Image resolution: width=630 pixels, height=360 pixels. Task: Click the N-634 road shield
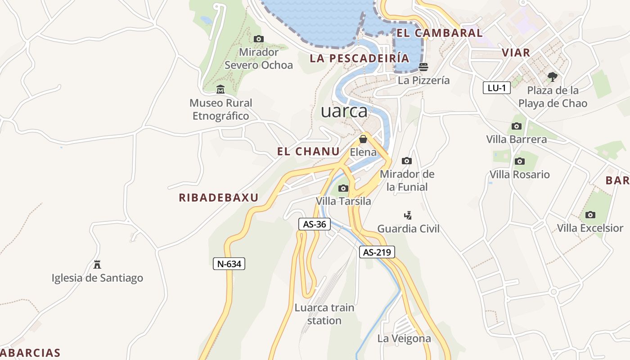coord(229,264)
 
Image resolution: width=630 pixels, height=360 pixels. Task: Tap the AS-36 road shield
coord(315,224)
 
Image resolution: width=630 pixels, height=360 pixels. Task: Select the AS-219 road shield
coord(377,252)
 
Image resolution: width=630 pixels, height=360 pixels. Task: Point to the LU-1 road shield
coord(497,88)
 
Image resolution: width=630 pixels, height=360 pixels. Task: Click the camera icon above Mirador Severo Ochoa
coord(259,39)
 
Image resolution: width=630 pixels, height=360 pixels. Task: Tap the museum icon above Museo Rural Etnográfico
coord(220,90)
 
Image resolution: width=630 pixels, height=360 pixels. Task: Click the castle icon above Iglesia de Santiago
coord(97,264)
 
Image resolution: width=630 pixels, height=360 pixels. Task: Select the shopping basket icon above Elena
coord(363,139)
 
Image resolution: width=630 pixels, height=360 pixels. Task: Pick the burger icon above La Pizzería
coord(423,67)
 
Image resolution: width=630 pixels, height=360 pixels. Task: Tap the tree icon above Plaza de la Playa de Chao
coord(553,77)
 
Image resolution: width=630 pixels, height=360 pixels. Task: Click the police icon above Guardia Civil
coord(408,215)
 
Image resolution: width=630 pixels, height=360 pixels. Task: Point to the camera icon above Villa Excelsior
coord(590,215)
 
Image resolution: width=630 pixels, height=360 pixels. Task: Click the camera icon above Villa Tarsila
coord(343,188)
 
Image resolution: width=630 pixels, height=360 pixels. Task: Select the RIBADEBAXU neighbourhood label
coord(219,198)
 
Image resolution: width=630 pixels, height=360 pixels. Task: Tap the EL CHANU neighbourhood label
coord(308,152)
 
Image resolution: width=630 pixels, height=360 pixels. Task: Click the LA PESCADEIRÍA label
coord(360,58)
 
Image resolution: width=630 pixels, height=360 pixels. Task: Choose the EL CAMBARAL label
coord(439,33)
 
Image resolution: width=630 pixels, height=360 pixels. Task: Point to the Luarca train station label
coord(324,314)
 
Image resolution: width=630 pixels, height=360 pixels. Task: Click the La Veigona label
coord(404,338)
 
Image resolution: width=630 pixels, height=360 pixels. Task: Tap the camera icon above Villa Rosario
coord(520,161)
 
